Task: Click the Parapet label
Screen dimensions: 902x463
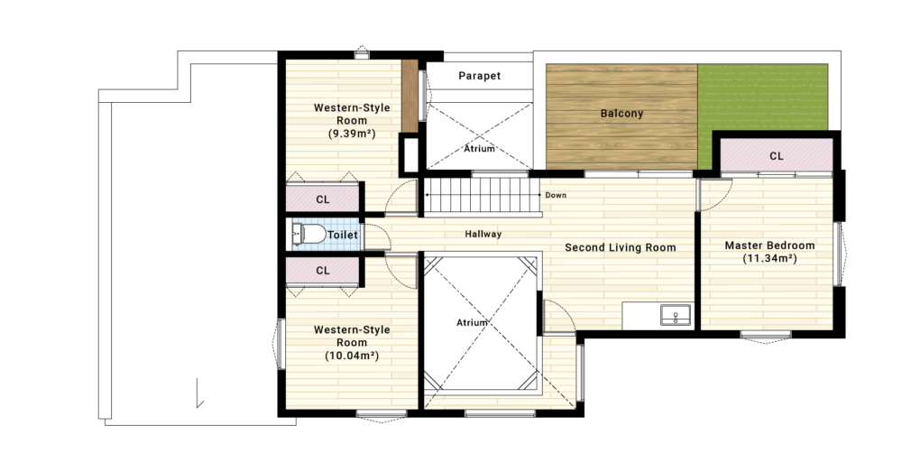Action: (479, 76)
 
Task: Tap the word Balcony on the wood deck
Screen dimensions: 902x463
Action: (621, 114)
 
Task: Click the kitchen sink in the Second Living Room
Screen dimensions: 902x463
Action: (676, 315)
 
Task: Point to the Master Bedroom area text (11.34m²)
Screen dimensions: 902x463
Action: (769, 258)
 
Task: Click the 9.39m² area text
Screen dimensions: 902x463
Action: (352, 134)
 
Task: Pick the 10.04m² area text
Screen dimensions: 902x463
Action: (352, 356)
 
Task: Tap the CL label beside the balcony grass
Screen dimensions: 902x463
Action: (777, 156)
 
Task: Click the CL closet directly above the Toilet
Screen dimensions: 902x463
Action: (323, 199)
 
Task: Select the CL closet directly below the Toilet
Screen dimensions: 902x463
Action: (323, 271)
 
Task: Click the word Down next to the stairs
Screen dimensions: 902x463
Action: (556, 195)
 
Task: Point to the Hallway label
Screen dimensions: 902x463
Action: (483, 235)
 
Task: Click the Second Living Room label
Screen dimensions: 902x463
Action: (621, 247)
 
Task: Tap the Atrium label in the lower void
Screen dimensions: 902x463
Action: (472, 323)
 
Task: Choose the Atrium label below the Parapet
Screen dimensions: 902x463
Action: (479, 149)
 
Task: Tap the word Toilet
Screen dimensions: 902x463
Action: (343, 235)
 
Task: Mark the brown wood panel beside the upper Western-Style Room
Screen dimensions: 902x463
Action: (409, 96)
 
